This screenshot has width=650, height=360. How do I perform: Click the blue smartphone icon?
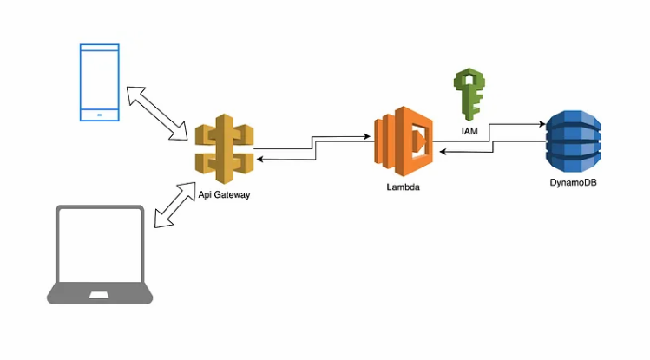tap(100, 82)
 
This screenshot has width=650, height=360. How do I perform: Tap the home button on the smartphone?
tap(100, 114)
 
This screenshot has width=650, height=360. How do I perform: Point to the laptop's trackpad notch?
tap(100, 297)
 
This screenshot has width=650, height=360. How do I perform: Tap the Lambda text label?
tap(404, 187)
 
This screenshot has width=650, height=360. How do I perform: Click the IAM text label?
tap(469, 131)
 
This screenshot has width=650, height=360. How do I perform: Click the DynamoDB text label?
tap(573, 184)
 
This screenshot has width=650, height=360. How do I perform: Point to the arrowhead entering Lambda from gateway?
tap(368, 136)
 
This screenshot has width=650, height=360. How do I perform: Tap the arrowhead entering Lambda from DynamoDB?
tap(441, 153)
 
